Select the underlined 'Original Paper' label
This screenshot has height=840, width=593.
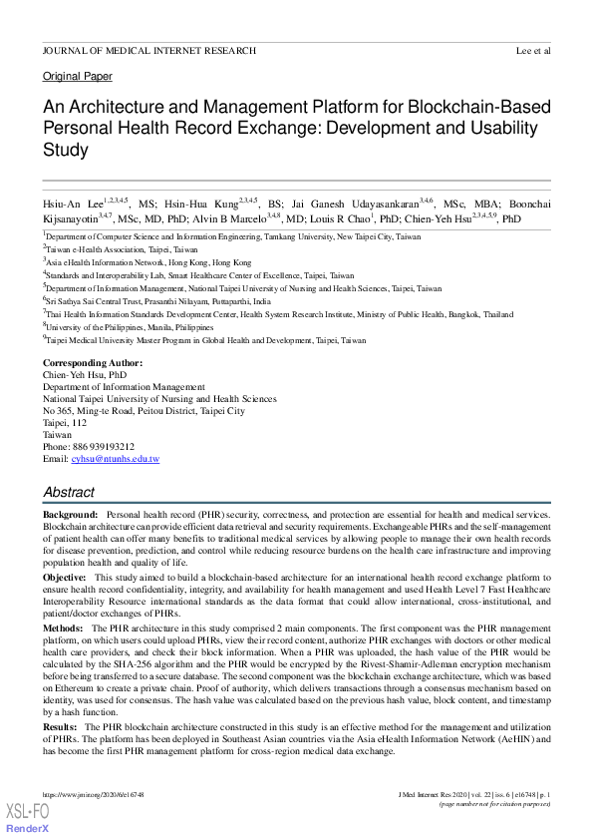pos(78,77)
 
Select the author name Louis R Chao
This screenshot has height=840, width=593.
pos(337,218)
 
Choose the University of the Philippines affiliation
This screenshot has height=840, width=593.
pos(130,326)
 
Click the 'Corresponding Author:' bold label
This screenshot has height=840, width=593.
pos(93,363)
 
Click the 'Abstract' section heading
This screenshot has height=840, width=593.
pos(69,493)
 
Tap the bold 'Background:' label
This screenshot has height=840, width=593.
pos(70,515)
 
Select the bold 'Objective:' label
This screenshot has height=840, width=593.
pos(65,578)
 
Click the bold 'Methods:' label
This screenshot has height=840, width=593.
pos(63,629)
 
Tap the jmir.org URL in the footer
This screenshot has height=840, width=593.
pos(94,794)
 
